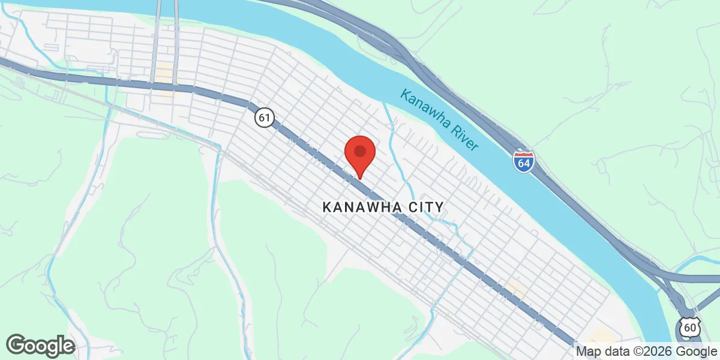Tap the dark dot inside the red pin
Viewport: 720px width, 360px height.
tap(360, 149)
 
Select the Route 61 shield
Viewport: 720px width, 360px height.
tap(263, 117)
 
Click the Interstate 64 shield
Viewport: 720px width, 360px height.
tap(524, 162)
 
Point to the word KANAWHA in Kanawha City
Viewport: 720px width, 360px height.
tap(362, 208)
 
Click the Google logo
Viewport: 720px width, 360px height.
tap(40, 346)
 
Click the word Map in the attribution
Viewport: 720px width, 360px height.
tap(587, 351)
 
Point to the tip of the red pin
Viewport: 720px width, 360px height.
tap(360, 178)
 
